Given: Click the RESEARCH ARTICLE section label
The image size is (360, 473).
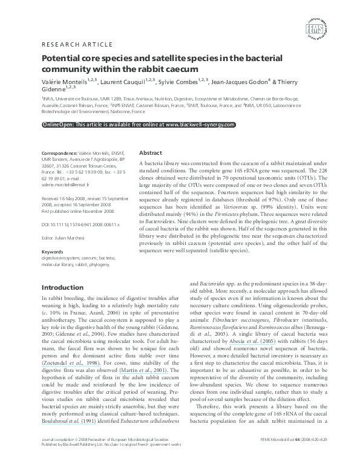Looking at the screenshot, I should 76,45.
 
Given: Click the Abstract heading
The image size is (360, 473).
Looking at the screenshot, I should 151,153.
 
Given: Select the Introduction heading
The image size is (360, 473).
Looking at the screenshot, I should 62,287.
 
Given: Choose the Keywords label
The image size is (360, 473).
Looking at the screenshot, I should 53,251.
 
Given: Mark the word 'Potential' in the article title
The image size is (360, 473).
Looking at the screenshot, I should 62,59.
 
